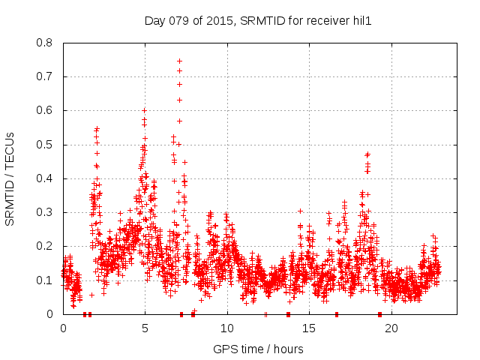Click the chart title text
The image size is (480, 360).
click(258, 20)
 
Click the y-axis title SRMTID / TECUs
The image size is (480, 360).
click(10, 178)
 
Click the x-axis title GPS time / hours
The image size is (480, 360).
click(258, 349)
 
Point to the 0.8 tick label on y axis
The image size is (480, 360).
click(44, 43)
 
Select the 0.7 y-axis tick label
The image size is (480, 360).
click(44, 76)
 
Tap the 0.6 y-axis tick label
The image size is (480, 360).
click(44, 110)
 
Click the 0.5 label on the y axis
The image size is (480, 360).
click(44, 145)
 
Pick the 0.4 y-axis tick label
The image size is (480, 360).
click(44, 178)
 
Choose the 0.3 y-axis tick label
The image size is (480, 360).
click(44, 212)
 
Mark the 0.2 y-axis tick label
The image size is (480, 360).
click(44, 246)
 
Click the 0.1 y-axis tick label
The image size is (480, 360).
click(44, 280)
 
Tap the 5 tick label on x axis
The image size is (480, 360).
click(145, 328)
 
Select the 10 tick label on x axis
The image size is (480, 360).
click(227, 328)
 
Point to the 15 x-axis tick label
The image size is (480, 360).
click(310, 328)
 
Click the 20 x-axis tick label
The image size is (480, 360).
click(391, 328)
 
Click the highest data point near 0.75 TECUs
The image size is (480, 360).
click(179, 61)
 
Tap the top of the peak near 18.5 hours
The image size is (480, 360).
click(367, 154)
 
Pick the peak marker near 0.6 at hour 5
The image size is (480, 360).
click(144, 110)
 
